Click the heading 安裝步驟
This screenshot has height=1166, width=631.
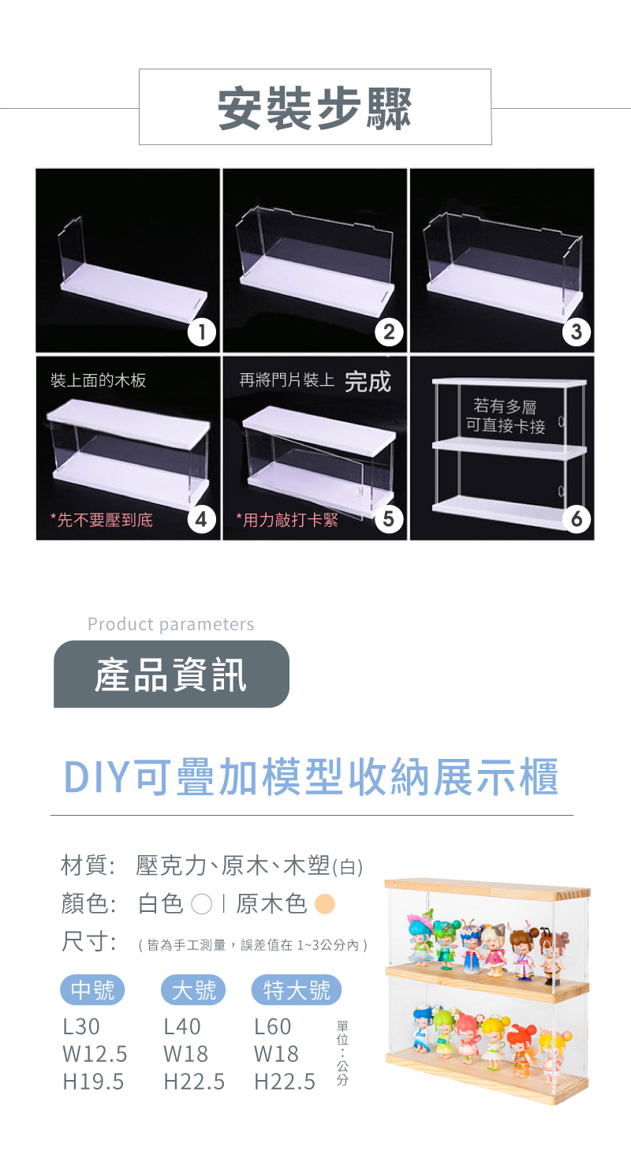click(x=315, y=109)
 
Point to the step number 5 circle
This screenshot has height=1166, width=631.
click(x=389, y=519)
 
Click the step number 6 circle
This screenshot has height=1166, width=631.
click(x=577, y=519)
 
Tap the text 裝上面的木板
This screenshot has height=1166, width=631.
click(x=98, y=381)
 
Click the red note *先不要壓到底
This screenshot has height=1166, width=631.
click(x=101, y=520)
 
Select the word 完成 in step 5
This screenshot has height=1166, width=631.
click(x=368, y=382)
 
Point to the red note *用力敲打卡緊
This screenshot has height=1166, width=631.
click(x=287, y=520)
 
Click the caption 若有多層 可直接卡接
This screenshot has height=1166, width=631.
click(x=505, y=417)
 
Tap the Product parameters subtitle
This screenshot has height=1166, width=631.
click(x=170, y=625)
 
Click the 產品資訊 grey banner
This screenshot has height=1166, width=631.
click(x=171, y=675)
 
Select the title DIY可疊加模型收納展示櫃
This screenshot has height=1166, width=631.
click(x=312, y=778)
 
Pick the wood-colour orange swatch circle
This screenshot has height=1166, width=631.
click(x=324, y=904)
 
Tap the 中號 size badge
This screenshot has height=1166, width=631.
click(x=92, y=990)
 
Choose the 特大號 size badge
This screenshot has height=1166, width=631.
click(x=297, y=990)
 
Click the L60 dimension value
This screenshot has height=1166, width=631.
click(x=273, y=1027)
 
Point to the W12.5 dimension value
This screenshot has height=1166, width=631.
click(x=95, y=1054)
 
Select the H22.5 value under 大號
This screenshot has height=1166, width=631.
click(x=194, y=1082)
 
